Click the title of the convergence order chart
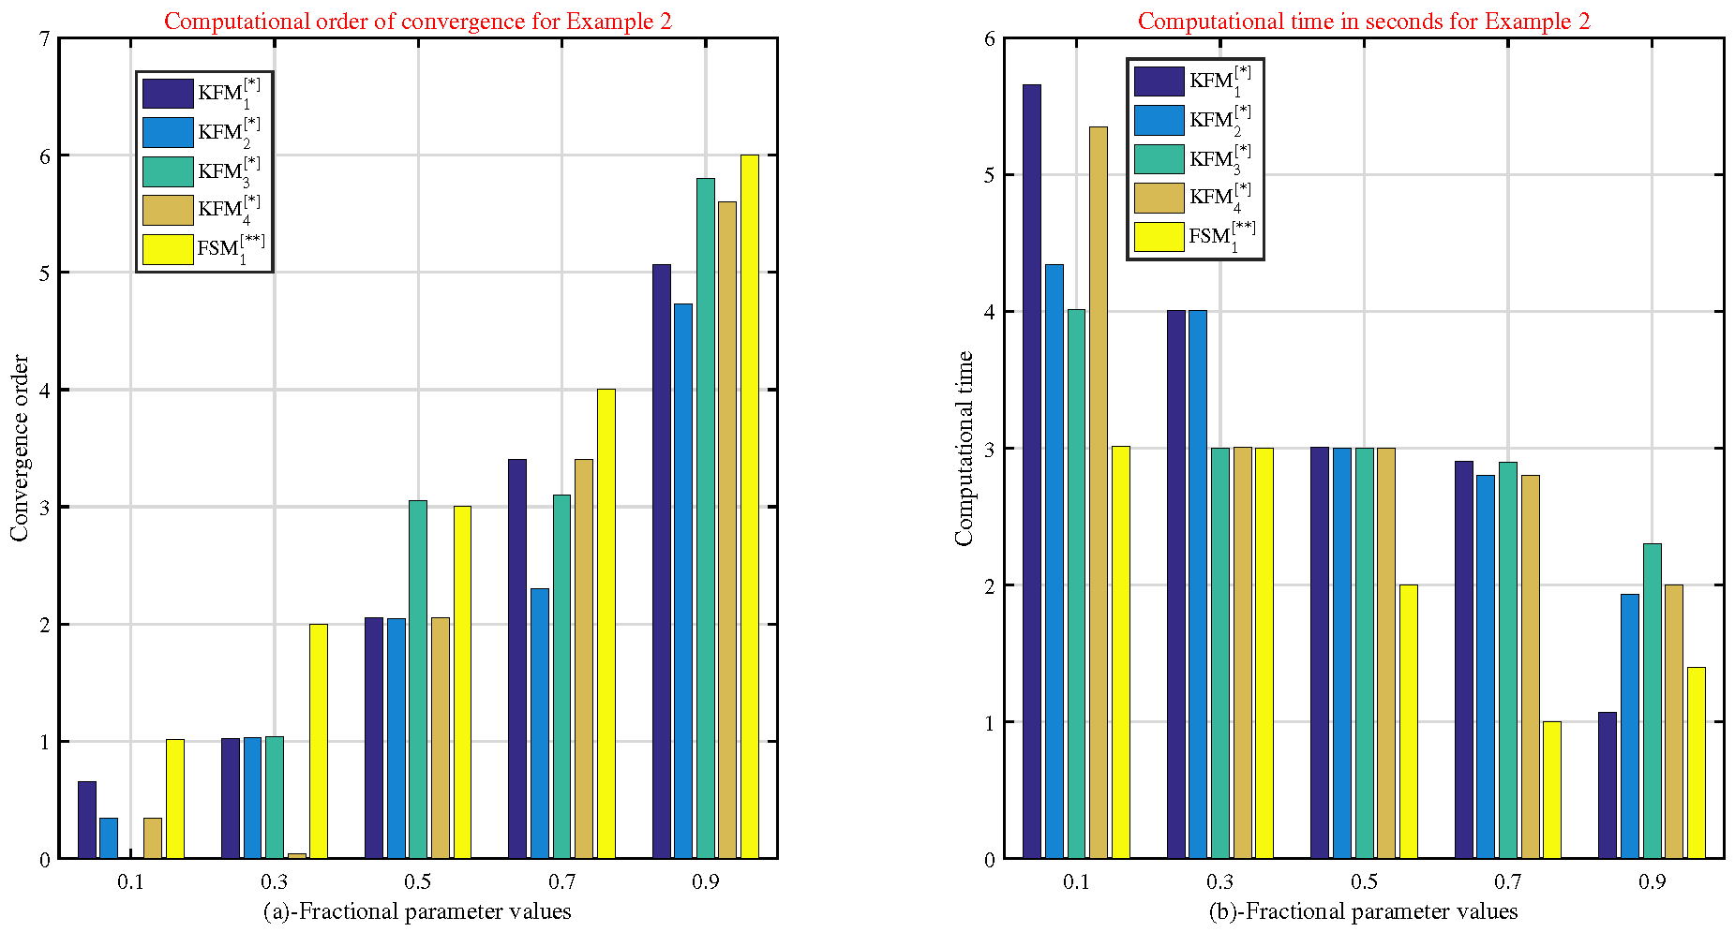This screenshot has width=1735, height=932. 418,21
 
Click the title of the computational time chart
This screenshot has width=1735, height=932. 1364,21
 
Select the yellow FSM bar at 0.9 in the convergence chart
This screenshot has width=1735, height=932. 750,507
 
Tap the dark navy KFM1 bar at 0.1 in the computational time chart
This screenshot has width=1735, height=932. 1032,471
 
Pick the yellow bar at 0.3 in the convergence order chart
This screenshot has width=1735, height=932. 319,741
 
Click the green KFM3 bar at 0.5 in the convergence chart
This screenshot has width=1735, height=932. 418,679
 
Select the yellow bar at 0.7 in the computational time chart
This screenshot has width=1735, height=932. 1552,790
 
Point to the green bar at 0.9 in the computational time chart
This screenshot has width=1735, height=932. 1653,701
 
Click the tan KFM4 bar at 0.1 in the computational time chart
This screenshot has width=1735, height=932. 1099,493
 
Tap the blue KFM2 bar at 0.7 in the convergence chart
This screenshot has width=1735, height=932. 540,723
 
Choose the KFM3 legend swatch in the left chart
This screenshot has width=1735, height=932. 168,171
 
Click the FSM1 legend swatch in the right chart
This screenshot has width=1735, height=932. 1159,237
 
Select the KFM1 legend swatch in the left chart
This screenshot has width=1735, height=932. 168,94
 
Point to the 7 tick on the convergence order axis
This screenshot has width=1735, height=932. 45,38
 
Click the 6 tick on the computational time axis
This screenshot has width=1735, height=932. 990,38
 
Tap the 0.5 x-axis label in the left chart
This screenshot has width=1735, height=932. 418,881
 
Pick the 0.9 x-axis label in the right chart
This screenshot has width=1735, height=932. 1653,881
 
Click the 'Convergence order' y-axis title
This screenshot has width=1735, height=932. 20,448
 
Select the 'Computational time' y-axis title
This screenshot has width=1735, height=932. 965,448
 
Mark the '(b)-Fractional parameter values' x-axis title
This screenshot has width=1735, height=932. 1364,911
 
